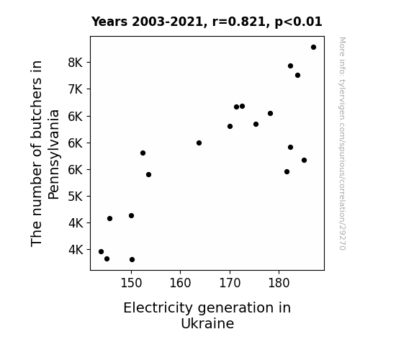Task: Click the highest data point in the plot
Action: pos(313,48)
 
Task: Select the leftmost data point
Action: pos(101,252)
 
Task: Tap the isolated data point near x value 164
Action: pos(199,143)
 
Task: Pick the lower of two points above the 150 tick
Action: pos(132,260)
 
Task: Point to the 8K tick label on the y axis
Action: pos(76,63)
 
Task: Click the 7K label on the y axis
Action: pos(76,89)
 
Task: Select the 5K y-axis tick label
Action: pos(76,197)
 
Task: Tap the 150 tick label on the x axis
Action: pos(131,283)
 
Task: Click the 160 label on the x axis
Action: pos(180,283)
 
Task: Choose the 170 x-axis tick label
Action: pos(230,283)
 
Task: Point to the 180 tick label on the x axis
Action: pos(279,283)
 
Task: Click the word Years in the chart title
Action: pos(109,22)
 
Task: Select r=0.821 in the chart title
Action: pos(239,22)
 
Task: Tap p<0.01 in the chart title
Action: pos(298,22)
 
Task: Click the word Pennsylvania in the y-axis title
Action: pos(53,155)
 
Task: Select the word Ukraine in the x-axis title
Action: pos(207,323)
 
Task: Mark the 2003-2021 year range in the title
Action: pos(167,22)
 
